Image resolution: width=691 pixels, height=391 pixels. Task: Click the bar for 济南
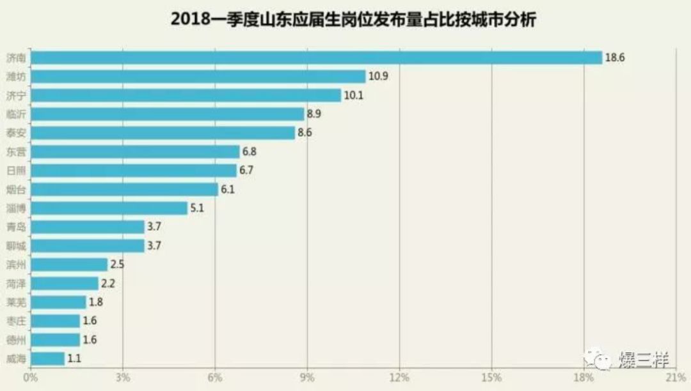click(x=316, y=57)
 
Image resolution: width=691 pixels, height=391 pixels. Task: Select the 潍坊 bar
click(x=198, y=77)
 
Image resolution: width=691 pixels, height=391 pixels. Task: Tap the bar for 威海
click(x=47, y=358)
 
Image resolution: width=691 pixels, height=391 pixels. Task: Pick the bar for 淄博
click(x=109, y=208)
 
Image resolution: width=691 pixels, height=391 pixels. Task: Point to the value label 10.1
click(x=353, y=96)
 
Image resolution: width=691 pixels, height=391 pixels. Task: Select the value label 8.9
click(x=314, y=114)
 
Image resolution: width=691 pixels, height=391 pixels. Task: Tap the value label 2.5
click(x=116, y=264)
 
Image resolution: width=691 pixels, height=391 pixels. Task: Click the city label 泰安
click(x=15, y=133)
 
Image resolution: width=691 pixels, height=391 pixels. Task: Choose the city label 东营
click(x=15, y=152)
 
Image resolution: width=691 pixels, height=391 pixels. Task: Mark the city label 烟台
click(x=15, y=190)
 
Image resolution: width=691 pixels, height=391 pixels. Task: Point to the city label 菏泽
click(x=15, y=284)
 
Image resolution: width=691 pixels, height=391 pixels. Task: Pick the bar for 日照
click(x=134, y=171)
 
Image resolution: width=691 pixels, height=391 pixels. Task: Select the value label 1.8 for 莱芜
click(x=95, y=302)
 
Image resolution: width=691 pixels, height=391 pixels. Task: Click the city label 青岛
click(x=15, y=227)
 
